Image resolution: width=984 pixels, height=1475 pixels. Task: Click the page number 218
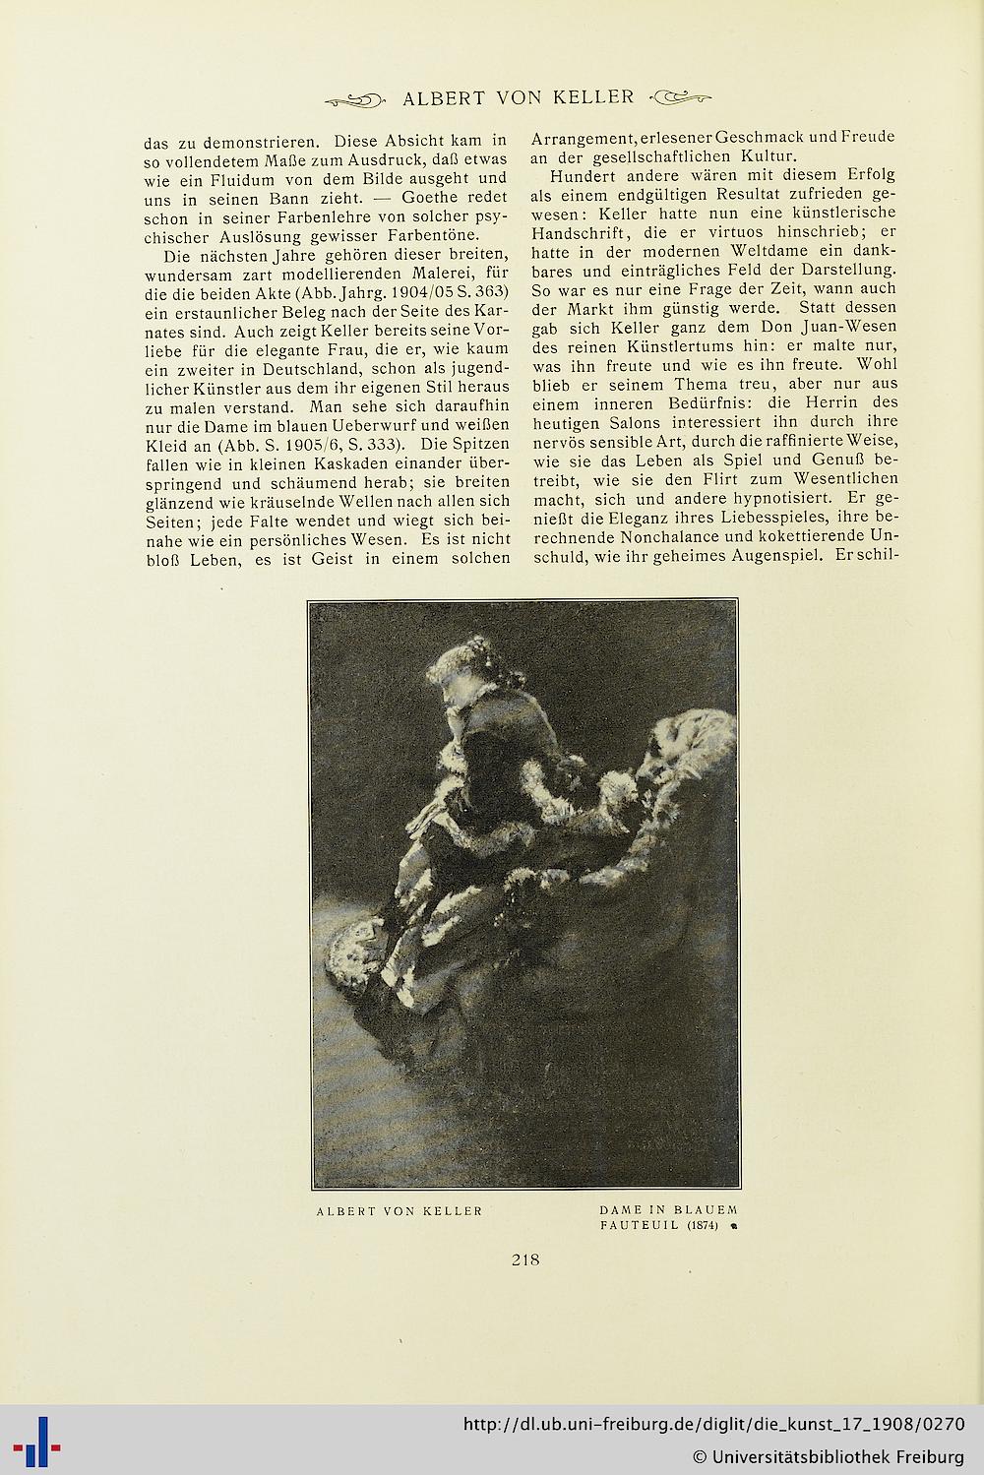pyautogui.click(x=525, y=1259)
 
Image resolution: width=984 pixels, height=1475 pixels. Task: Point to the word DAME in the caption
pyautogui.click(x=620, y=1209)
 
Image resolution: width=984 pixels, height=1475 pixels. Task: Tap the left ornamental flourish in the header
pyautogui.click(x=355, y=97)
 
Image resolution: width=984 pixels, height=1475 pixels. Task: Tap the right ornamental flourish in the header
pyautogui.click(x=681, y=96)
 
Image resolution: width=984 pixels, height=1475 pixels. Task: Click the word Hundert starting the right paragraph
pyautogui.click(x=583, y=176)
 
